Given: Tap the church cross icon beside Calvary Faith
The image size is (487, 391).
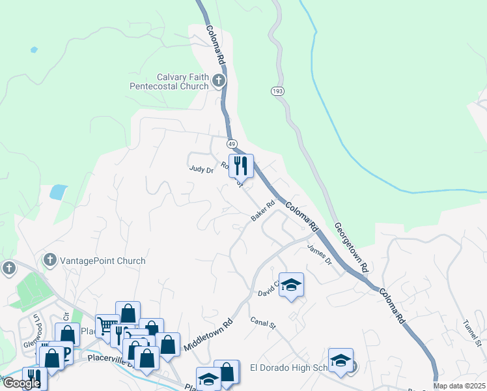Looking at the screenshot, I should point(219,81).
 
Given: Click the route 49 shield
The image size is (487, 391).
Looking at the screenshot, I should point(232,143).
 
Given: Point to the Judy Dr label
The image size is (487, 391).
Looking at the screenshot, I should point(201,169).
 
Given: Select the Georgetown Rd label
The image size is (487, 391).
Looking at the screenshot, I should point(352,248).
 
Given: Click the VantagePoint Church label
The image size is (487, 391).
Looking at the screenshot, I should point(102,261).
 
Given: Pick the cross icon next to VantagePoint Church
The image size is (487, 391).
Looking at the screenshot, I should point(49,261).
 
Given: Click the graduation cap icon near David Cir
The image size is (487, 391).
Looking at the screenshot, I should point(291,284).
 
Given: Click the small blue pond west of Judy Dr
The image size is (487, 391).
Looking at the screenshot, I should point(58,192).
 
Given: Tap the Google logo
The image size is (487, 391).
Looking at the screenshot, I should point(21,383).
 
